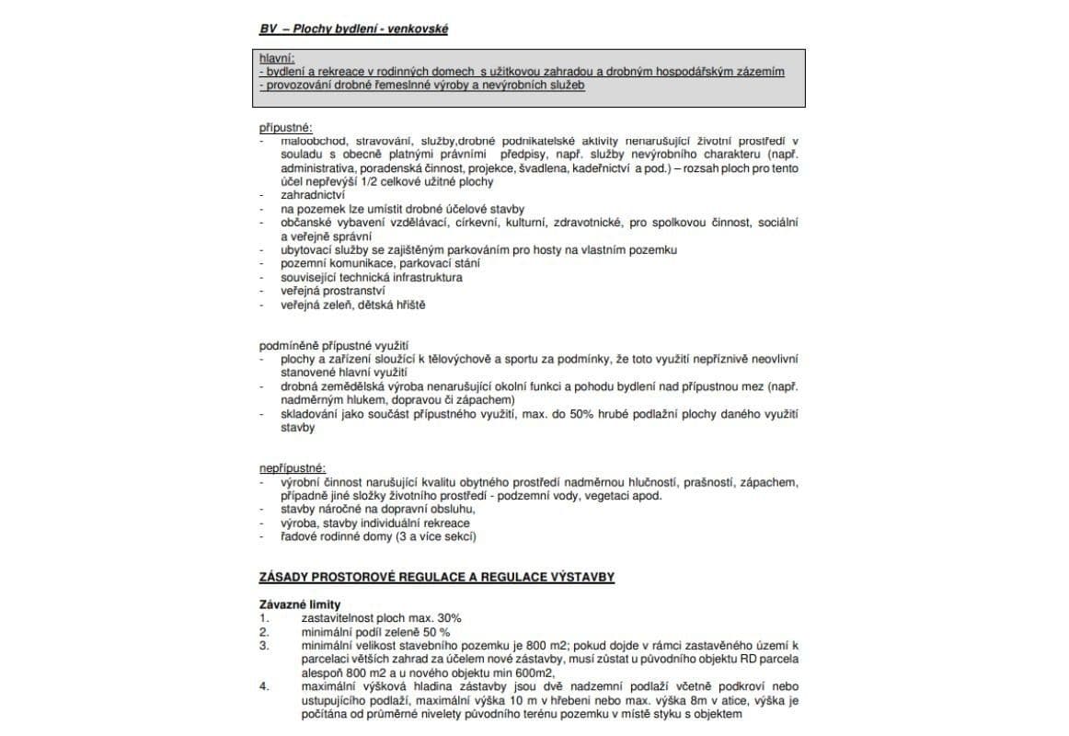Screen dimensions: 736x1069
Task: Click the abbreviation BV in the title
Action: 267,29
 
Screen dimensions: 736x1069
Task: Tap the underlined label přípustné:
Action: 285,127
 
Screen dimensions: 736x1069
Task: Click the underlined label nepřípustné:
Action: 293,468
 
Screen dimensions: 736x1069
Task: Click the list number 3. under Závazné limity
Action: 264,646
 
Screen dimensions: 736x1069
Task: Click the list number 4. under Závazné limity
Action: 264,686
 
